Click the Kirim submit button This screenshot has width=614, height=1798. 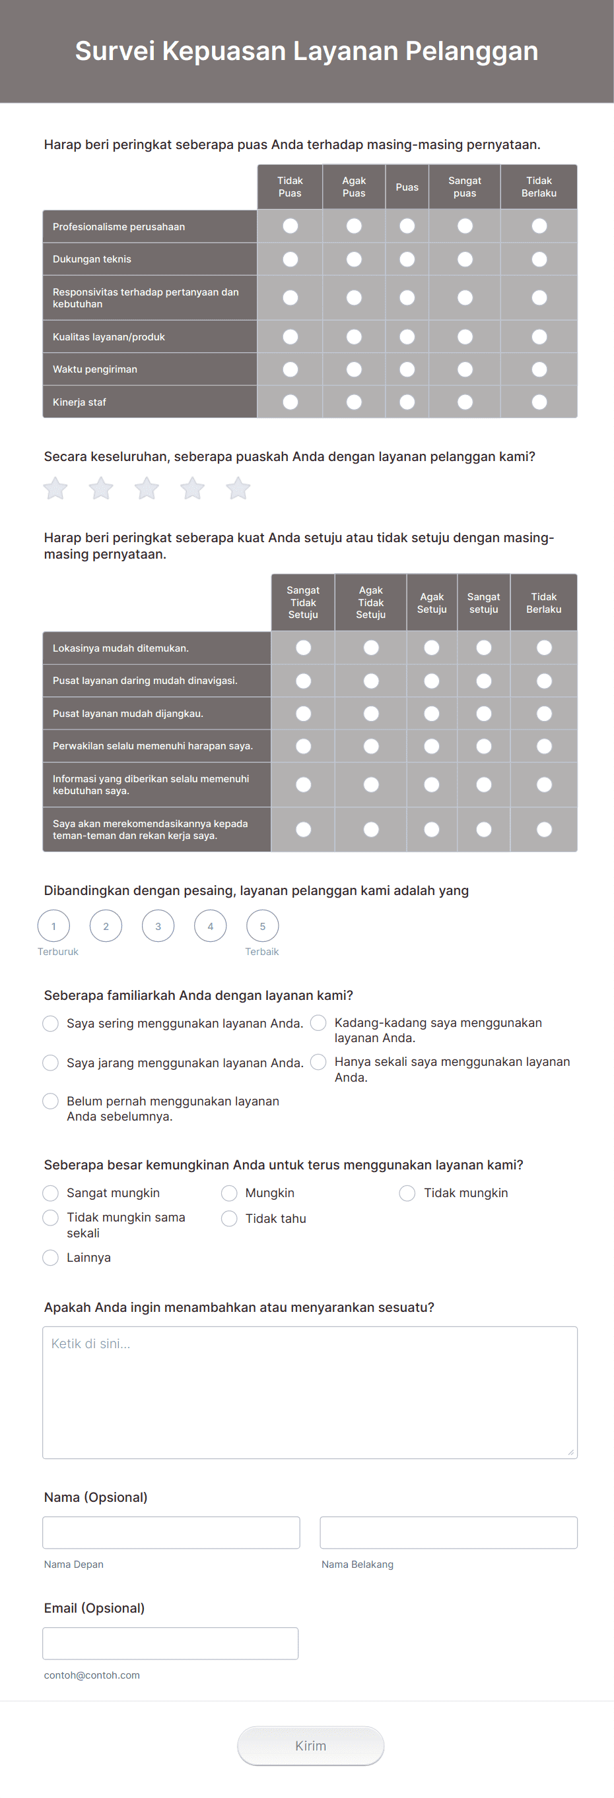310,1746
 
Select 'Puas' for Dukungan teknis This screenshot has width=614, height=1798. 407,259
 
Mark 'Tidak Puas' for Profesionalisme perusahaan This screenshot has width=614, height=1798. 290,226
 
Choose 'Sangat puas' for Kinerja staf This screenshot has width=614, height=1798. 465,402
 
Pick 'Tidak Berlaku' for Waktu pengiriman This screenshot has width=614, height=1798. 539,369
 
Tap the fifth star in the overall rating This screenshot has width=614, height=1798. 238,488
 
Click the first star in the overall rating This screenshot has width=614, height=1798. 56,488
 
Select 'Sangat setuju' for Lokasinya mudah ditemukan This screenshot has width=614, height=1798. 483,648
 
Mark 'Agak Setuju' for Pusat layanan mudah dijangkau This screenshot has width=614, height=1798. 432,714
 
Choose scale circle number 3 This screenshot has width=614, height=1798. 158,926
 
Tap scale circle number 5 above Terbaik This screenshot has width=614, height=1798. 263,926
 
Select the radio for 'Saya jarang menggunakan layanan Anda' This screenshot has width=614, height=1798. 50,1063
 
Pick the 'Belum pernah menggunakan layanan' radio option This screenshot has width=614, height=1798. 50,1101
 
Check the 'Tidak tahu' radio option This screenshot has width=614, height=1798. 229,1218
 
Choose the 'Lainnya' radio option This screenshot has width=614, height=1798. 50,1257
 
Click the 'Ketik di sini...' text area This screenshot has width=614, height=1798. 310,1392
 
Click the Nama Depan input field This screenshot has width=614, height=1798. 171,1532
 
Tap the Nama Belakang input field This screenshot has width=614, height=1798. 448,1532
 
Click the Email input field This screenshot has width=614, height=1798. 170,1643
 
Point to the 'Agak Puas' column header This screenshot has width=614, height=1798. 353,187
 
